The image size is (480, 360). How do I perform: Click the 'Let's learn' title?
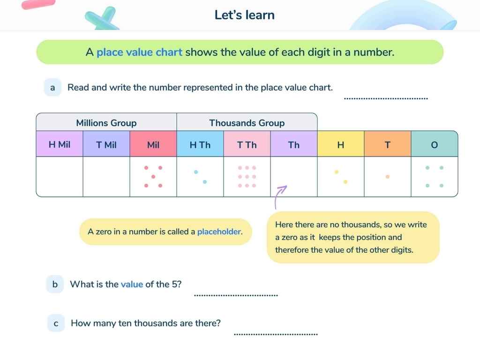click(244, 15)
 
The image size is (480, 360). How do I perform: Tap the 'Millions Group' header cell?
click(106, 123)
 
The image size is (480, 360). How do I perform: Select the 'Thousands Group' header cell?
click(247, 123)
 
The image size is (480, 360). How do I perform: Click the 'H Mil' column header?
click(60, 144)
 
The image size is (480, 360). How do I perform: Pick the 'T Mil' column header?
click(106, 145)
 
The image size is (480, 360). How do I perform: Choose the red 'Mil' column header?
click(153, 145)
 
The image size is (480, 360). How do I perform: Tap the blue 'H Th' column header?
click(200, 145)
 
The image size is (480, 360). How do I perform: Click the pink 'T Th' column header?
click(247, 145)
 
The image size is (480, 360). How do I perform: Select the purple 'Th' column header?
click(294, 145)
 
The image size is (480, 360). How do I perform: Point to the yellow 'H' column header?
click(341, 145)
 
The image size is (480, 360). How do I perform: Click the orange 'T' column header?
click(388, 145)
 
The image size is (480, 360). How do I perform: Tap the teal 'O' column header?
click(435, 145)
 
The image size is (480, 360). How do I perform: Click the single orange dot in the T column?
click(387, 177)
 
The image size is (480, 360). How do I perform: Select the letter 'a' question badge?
click(52, 87)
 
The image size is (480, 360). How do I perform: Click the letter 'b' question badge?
click(55, 284)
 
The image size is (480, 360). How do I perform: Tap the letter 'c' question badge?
click(56, 323)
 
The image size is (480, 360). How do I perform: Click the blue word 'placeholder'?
click(219, 232)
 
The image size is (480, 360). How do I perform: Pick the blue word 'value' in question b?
click(132, 284)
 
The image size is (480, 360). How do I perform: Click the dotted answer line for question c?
click(276, 334)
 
